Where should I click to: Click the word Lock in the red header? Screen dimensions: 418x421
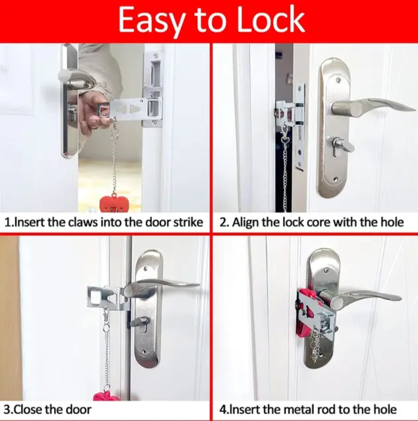click(271, 20)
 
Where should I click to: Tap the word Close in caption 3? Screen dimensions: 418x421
click(27, 410)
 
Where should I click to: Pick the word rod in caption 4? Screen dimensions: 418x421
click(326, 410)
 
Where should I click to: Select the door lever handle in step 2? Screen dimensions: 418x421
click(373, 106)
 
